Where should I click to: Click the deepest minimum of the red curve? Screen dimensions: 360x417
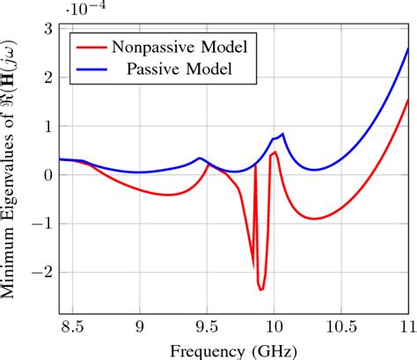(x=260, y=290)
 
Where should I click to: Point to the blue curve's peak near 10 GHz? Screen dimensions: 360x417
(x=282, y=134)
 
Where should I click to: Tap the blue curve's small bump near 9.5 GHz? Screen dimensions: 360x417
(x=201, y=158)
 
